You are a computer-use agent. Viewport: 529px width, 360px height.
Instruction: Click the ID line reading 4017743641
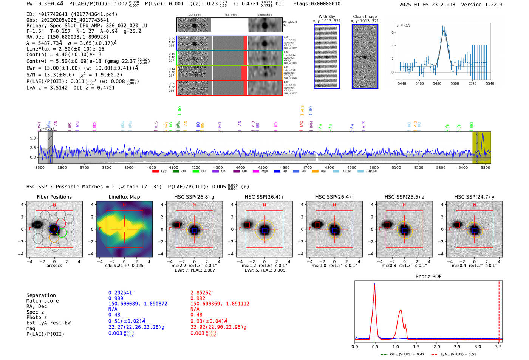coord(72,14)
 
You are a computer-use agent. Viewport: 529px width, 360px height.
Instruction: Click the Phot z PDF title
coord(428,277)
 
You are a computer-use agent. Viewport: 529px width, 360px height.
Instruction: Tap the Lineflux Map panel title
coord(124,197)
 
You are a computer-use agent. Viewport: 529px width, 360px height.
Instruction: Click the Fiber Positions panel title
coord(54,197)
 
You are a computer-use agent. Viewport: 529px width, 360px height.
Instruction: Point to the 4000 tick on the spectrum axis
coord(151,168)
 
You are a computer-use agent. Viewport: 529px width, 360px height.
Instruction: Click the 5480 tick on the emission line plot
coord(437,83)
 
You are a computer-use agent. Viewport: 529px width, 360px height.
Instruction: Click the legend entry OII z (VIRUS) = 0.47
coord(403,354)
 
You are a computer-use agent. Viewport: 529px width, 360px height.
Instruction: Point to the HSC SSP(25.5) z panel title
coord(404,197)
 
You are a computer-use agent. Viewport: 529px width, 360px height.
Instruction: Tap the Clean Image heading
coord(365,17)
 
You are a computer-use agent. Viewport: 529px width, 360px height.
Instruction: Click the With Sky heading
coord(326,17)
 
